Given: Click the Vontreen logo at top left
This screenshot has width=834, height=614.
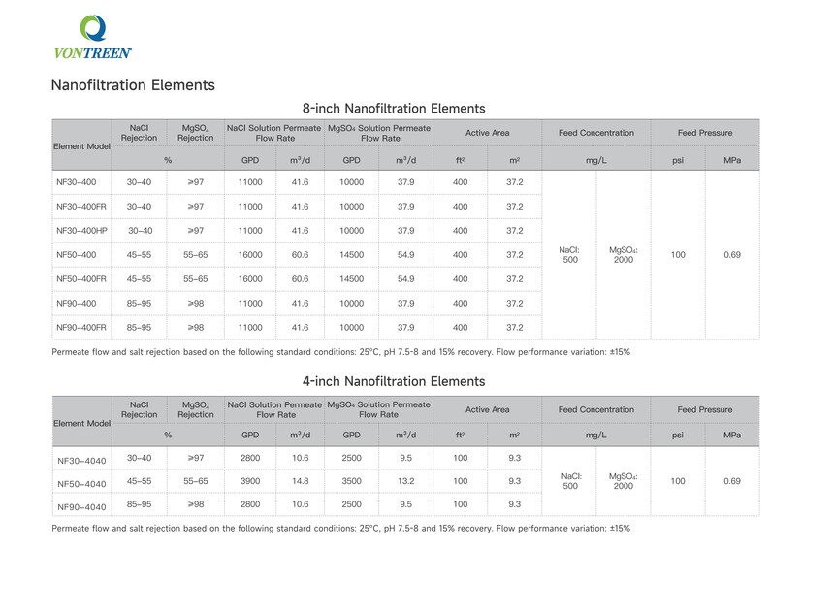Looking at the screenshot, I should (x=93, y=38).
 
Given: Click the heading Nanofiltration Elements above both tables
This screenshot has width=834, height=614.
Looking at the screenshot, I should (x=133, y=85).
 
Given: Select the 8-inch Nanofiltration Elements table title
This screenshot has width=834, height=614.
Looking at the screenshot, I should (x=394, y=109).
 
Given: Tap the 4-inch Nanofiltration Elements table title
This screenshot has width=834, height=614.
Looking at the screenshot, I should (x=394, y=381).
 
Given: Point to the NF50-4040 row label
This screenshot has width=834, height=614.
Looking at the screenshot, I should (x=81, y=482).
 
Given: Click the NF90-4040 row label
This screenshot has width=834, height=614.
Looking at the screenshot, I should (x=81, y=505).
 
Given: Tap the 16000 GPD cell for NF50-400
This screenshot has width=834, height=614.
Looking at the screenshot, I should (x=249, y=255).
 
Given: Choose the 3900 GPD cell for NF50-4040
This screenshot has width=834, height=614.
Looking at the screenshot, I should (x=249, y=481).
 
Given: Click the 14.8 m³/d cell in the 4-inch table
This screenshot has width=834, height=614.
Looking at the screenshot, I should (x=300, y=481).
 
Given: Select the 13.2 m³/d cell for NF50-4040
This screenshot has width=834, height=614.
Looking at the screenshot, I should (x=404, y=481).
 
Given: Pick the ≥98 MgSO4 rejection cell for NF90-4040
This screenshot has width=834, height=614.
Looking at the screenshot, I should (x=195, y=504).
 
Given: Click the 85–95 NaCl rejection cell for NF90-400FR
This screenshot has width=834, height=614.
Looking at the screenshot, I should (x=139, y=328).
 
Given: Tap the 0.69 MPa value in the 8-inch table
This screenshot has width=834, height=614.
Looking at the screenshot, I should (x=732, y=255).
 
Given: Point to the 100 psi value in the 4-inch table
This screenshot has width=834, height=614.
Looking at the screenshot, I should (x=678, y=481).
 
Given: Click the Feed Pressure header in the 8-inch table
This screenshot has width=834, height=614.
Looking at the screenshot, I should (x=705, y=133).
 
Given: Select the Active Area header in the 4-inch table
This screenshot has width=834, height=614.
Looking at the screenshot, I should (x=487, y=409).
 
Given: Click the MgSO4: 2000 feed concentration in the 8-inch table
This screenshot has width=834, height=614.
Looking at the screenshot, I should (x=624, y=255).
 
